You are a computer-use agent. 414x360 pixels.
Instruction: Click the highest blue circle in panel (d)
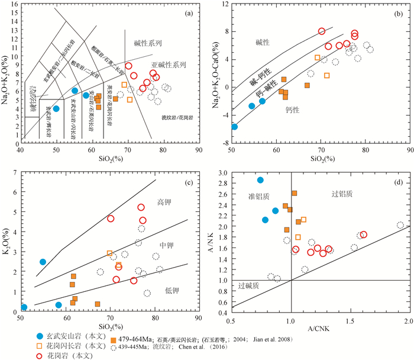click(x=260, y=179)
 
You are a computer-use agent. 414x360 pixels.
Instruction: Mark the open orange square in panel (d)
click(x=303, y=220)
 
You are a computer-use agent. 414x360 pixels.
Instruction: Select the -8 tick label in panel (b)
click(x=224, y=143)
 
